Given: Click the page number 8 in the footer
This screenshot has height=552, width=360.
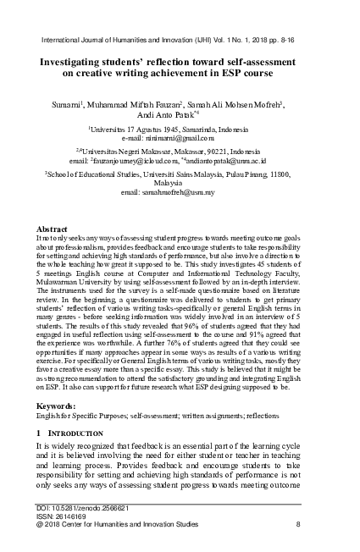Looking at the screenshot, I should [298, 524].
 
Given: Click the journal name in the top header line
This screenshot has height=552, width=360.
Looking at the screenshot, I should [127, 39].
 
